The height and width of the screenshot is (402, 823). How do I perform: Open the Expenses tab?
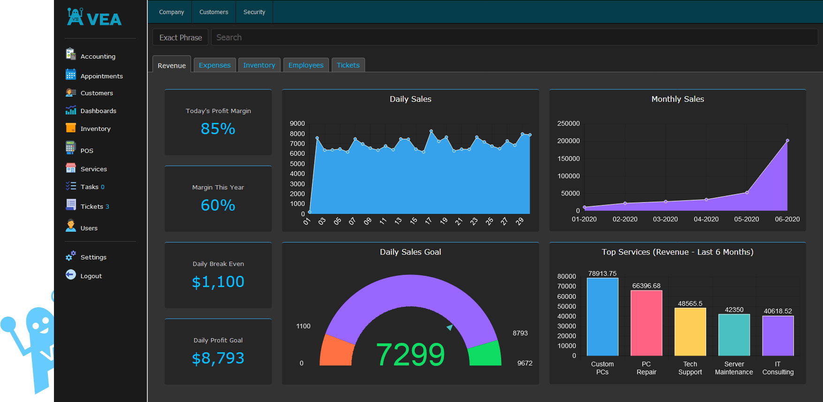pos(214,65)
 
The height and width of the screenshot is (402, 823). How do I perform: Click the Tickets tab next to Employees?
pos(348,65)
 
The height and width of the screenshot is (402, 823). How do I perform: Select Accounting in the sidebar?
pos(98,56)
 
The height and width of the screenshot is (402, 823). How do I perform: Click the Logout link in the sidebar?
pos(91,276)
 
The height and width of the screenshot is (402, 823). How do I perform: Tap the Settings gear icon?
pos(71,256)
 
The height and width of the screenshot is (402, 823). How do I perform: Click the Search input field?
pos(514,38)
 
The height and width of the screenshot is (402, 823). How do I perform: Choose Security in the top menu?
pos(254,12)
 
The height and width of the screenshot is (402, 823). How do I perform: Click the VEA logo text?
pos(104,19)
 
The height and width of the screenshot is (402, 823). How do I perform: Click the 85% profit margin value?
pos(218,129)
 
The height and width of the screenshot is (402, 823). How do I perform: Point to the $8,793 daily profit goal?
pos(218,358)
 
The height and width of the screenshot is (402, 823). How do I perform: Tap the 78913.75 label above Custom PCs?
pos(602,273)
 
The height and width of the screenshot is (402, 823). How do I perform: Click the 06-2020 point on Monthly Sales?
pos(787,140)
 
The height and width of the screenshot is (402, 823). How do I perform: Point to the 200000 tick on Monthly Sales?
pos(568,141)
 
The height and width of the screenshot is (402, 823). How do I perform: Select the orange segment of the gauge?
pos(336,351)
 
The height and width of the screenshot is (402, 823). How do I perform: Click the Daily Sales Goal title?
pos(411,252)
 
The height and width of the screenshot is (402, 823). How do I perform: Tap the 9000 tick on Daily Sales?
pos(297,123)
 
